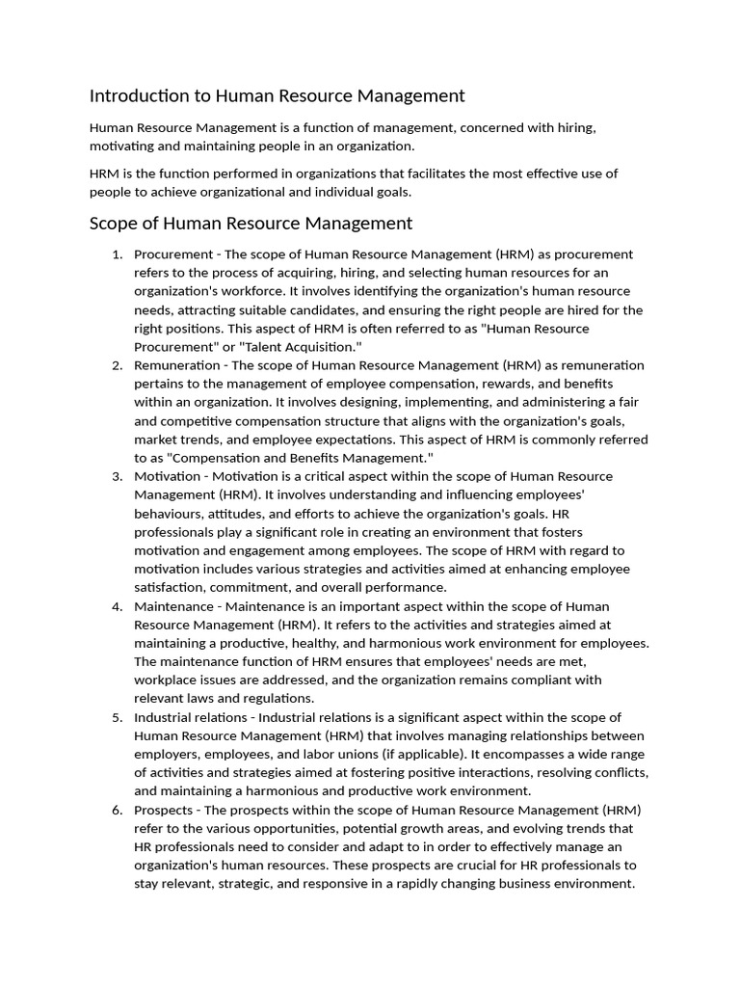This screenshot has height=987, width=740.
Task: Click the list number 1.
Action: [x=116, y=254]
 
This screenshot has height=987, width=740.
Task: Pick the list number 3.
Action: [x=116, y=476]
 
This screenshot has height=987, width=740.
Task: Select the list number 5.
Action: [x=116, y=717]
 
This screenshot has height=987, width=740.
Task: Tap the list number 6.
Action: [x=116, y=810]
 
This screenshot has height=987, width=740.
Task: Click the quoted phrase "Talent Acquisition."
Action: [x=307, y=347]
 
